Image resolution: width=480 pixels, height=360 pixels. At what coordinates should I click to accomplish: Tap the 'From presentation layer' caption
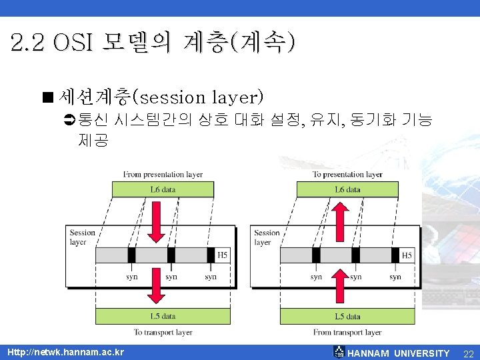(x=163, y=175)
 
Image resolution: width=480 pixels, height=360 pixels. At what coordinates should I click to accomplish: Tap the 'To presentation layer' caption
(x=347, y=175)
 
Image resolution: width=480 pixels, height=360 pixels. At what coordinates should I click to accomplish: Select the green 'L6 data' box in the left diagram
(x=163, y=190)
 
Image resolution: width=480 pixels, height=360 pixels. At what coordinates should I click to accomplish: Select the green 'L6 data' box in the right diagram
(x=347, y=190)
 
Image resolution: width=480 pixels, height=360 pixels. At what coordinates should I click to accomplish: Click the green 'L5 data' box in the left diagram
(x=163, y=316)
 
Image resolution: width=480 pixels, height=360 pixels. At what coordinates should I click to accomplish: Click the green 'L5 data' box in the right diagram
(x=347, y=316)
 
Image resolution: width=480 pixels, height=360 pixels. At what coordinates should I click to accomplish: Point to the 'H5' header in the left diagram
(x=223, y=255)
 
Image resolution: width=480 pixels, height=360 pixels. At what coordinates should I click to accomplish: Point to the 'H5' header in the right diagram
(x=407, y=255)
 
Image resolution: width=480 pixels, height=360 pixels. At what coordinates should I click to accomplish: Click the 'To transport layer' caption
(x=163, y=332)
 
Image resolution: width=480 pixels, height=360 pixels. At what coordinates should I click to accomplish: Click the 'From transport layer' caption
(x=347, y=332)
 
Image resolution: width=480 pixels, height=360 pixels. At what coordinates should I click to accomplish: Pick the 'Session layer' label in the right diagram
(x=267, y=237)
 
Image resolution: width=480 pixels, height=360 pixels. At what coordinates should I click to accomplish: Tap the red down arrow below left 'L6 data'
(x=157, y=223)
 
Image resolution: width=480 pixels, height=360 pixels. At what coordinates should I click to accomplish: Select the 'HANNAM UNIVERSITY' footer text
(x=399, y=353)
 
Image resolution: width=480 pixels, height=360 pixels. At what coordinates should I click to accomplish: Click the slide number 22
(x=468, y=353)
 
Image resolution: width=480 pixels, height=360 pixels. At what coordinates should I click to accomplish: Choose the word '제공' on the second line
(x=93, y=141)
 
